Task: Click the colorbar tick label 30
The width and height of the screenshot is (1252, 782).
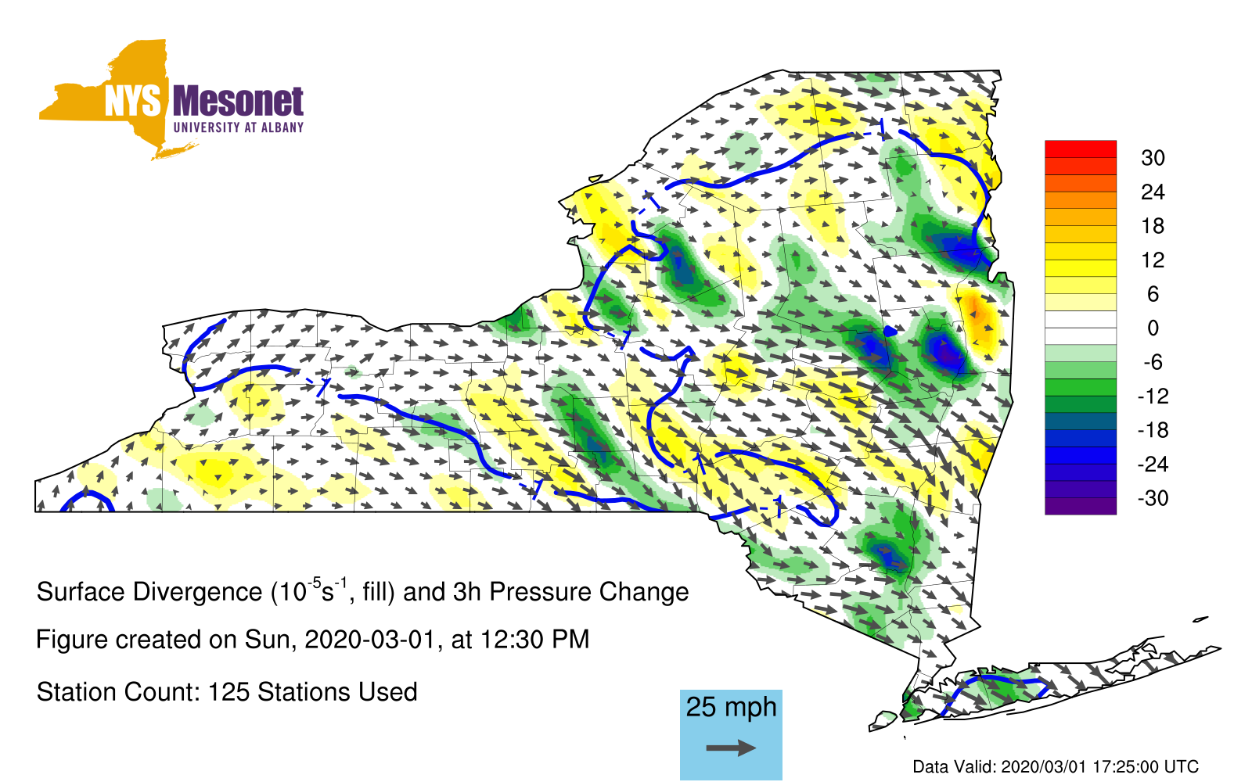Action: coord(1153,158)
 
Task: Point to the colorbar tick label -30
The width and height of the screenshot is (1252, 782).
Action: coord(1153,497)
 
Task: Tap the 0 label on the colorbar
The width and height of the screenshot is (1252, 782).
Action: coord(1153,328)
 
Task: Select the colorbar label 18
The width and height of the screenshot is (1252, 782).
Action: coord(1153,226)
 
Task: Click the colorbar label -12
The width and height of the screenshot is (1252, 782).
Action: coord(1153,396)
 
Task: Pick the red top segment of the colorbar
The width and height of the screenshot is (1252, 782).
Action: coord(1081,149)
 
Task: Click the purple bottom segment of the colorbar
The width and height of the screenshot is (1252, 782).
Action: coord(1081,506)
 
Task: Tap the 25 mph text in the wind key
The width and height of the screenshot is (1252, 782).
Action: coord(731,707)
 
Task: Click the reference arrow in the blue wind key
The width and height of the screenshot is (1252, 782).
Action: coord(731,748)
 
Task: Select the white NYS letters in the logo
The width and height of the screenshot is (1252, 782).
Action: coord(133,102)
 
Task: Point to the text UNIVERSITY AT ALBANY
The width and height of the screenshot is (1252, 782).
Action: coord(239,127)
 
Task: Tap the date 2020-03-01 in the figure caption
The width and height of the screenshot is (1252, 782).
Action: coord(369,640)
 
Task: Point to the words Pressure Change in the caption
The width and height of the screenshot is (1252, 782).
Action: coord(589,592)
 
